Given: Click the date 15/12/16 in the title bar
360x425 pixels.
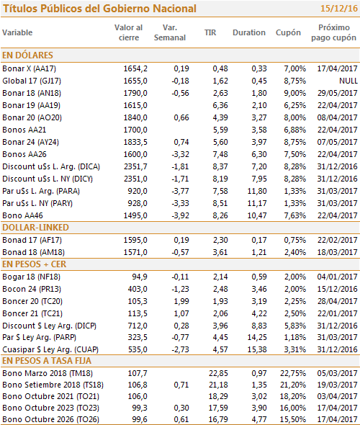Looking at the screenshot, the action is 339,9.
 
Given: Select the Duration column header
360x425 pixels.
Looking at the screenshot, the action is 249,32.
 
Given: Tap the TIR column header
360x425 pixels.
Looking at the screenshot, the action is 210,32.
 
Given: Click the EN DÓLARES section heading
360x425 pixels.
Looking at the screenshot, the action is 27,55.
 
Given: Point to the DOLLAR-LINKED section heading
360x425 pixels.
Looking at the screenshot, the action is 35,228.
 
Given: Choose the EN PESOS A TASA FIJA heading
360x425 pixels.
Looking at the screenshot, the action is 47,361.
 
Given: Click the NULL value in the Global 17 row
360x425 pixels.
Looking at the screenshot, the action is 348,81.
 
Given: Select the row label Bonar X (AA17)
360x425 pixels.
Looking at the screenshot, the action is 30,68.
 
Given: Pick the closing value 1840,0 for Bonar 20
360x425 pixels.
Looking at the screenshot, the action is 135,117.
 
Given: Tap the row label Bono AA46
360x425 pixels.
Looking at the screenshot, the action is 23,215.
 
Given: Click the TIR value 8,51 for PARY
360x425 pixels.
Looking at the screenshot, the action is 220,203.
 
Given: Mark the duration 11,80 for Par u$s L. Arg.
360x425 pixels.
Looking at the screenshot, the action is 257,191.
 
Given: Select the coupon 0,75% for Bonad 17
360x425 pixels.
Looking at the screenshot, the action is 295,240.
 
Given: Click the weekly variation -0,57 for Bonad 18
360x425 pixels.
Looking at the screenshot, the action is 180,252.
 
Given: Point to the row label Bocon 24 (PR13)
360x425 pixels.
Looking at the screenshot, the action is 32,289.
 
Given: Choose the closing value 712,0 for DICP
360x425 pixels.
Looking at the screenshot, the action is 138,326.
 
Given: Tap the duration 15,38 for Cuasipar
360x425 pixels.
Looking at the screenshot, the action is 257,349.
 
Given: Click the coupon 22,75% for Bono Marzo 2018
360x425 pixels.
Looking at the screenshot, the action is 293,373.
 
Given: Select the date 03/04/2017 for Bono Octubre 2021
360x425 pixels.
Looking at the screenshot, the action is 337,396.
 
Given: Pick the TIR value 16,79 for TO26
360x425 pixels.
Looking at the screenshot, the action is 218,419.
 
